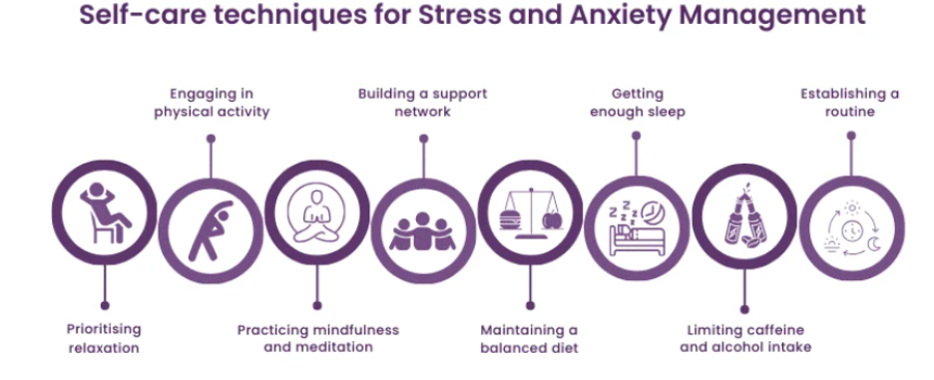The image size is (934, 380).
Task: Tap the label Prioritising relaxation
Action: click(104, 338)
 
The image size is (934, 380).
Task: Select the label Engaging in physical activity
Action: click(212, 103)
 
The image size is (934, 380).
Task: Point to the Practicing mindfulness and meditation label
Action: click(318, 338)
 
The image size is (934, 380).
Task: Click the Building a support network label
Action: click(423, 103)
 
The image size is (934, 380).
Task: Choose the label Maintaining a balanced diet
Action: click(529, 338)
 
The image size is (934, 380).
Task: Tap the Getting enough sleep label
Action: click(637, 103)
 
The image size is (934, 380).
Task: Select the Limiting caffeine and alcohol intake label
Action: click(745, 338)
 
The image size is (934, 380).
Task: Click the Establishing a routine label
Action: click(850, 103)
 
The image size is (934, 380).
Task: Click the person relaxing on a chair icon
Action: click(105, 211)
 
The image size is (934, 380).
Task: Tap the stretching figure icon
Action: click(211, 230)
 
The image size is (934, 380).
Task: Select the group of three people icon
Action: click(423, 230)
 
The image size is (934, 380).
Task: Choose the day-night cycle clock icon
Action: click(851, 230)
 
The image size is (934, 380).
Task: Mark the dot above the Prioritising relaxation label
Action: click(104, 305)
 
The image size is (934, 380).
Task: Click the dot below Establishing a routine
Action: click(850, 136)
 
